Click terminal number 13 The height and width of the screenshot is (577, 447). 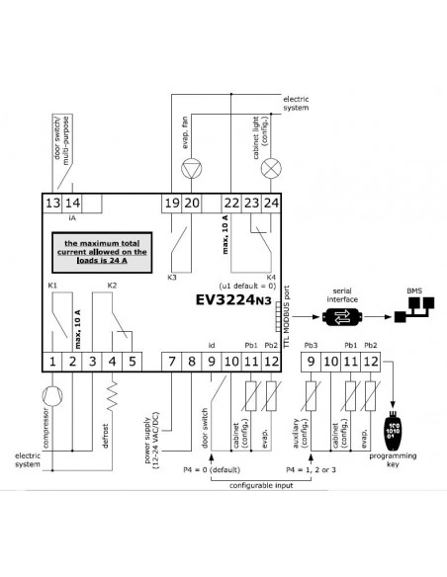click(52, 203)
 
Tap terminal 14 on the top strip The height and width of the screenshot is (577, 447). click(72, 203)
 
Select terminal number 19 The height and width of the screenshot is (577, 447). click(172, 203)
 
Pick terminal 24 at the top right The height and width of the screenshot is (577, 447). click(271, 203)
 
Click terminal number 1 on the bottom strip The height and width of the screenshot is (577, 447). click(52, 362)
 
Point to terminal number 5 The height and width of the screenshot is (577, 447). click(132, 362)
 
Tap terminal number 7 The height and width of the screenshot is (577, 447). click(172, 362)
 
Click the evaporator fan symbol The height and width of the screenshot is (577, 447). click(192, 169)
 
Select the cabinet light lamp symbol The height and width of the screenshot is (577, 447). click(271, 169)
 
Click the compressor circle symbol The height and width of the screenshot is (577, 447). click(52, 396)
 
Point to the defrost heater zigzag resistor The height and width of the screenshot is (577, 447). click(112, 396)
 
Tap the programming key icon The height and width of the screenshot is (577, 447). click(394, 430)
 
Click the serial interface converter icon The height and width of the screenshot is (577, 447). click(342, 317)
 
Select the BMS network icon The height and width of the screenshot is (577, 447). click(414, 309)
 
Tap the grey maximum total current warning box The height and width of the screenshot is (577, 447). click(102, 253)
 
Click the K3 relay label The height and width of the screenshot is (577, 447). click(172, 278)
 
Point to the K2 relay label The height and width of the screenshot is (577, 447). click(112, 286)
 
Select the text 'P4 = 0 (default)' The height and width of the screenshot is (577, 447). click(212, 470)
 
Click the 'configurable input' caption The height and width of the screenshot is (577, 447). click(261, 486)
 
